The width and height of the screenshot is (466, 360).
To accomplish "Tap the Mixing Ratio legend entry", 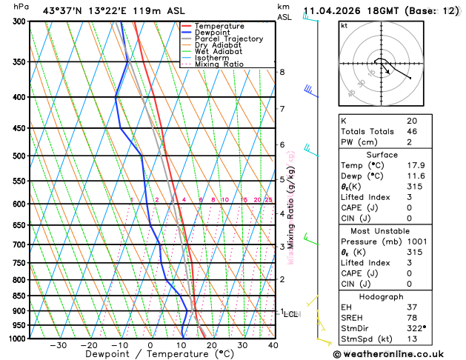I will pyautogui.click(x=219, y=64).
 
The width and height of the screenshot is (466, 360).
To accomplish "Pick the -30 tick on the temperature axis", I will pyautogui.click(x=58, y=345).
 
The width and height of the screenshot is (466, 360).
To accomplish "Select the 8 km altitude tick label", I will pyautogui.click(x=282, y=72).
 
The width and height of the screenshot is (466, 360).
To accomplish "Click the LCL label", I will pyautogui.click(x=291, y=314).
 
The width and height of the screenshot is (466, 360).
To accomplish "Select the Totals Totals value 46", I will pyautogui.click(x=412, y=131).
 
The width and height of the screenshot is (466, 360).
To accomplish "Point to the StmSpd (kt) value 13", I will pyautogui.click(x=412, y=339).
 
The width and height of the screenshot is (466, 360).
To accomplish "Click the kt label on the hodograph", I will pyautogui.click(x=344, y=25).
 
